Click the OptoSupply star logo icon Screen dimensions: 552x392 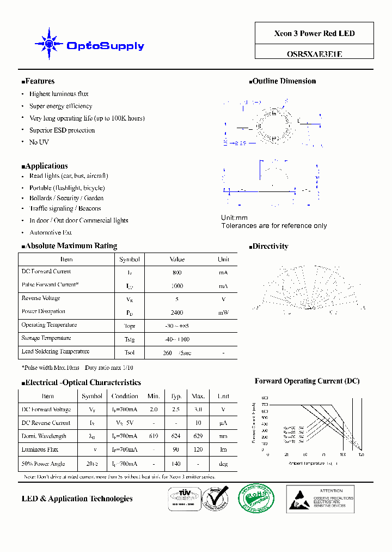coord(48,44)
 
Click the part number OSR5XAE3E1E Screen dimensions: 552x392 coord(314,54)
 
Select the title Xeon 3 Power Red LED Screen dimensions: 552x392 coord(314,33)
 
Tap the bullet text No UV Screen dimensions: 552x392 coord(39,142)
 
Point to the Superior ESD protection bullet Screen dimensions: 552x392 coord(62,130)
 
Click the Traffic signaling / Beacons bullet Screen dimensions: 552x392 coord(65,208)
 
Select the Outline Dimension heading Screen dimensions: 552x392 coord(284,81)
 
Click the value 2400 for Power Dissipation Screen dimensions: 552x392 coord(177,313)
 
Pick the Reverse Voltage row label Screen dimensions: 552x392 coord(41,298)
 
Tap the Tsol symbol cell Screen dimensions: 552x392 coord(130,352)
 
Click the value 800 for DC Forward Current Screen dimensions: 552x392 coord(177,272)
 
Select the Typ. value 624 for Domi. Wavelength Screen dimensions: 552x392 coord(176,436)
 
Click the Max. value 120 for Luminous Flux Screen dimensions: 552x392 coord(198,450)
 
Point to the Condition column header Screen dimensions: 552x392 coord(125,397)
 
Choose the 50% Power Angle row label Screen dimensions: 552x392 coord(44,464)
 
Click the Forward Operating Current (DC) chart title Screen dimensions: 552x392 coord(307,381)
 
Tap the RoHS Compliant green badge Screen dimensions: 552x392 coord(256,499)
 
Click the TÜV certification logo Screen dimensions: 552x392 coord(183,498)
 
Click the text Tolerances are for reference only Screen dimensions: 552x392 coord(274,226)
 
